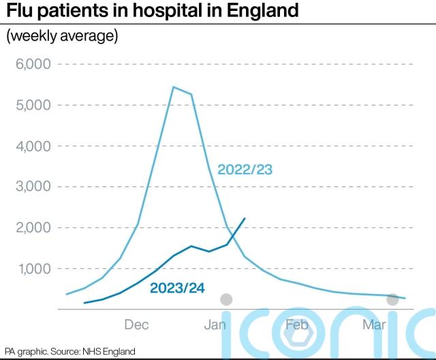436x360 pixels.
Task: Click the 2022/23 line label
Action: tap(245, 169)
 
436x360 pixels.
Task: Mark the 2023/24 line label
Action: tap(178, 287)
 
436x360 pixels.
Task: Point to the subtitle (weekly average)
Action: tap(62, 36)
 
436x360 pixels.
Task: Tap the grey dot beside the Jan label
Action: tap(227, 299)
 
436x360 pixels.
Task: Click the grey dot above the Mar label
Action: tap(392, 299)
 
